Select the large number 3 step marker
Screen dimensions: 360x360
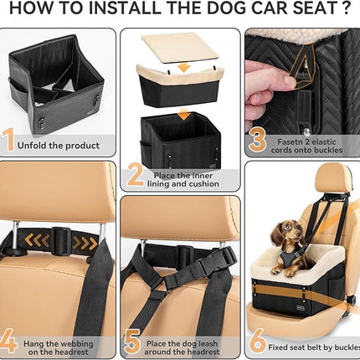258,140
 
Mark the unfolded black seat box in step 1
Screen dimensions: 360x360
57,80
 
